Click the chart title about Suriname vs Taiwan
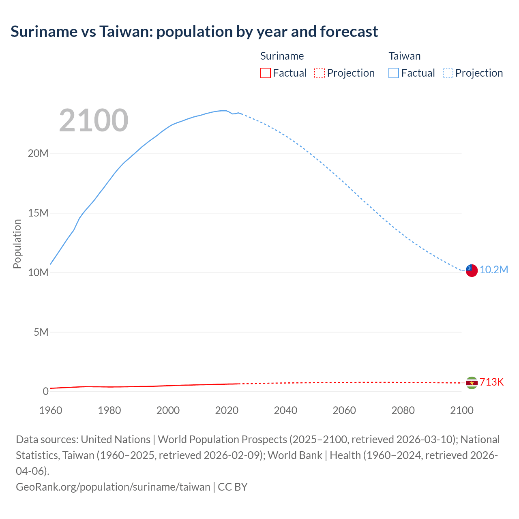click(x=194, y=32)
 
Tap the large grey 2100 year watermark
click(x=94, y=120)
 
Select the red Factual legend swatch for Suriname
click(x=265, y=73)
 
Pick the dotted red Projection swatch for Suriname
click(x=320, y=73)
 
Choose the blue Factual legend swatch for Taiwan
click(x=393, y=73)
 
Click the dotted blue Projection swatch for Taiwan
click(x=448, y=73)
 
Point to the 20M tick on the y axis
click(x=38, y=154)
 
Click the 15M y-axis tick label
click(x=38, y=213)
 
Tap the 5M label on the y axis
click(x=41, y=332)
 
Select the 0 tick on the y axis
click(x=45, y=391)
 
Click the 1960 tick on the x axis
click(x=51, y=410)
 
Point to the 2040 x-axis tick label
click(x=285, y=410)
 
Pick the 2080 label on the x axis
click(x=403, y=410)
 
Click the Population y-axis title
click(x=17, y=244)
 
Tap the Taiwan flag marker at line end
click(x=471, y=270)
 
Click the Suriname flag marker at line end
click(x=471, y=383)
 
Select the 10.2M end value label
click(x=494, y=270)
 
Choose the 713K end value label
click(x=491, y=382)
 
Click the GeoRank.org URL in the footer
click(x=113, y=487)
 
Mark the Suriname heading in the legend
click(x=282, y=56)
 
